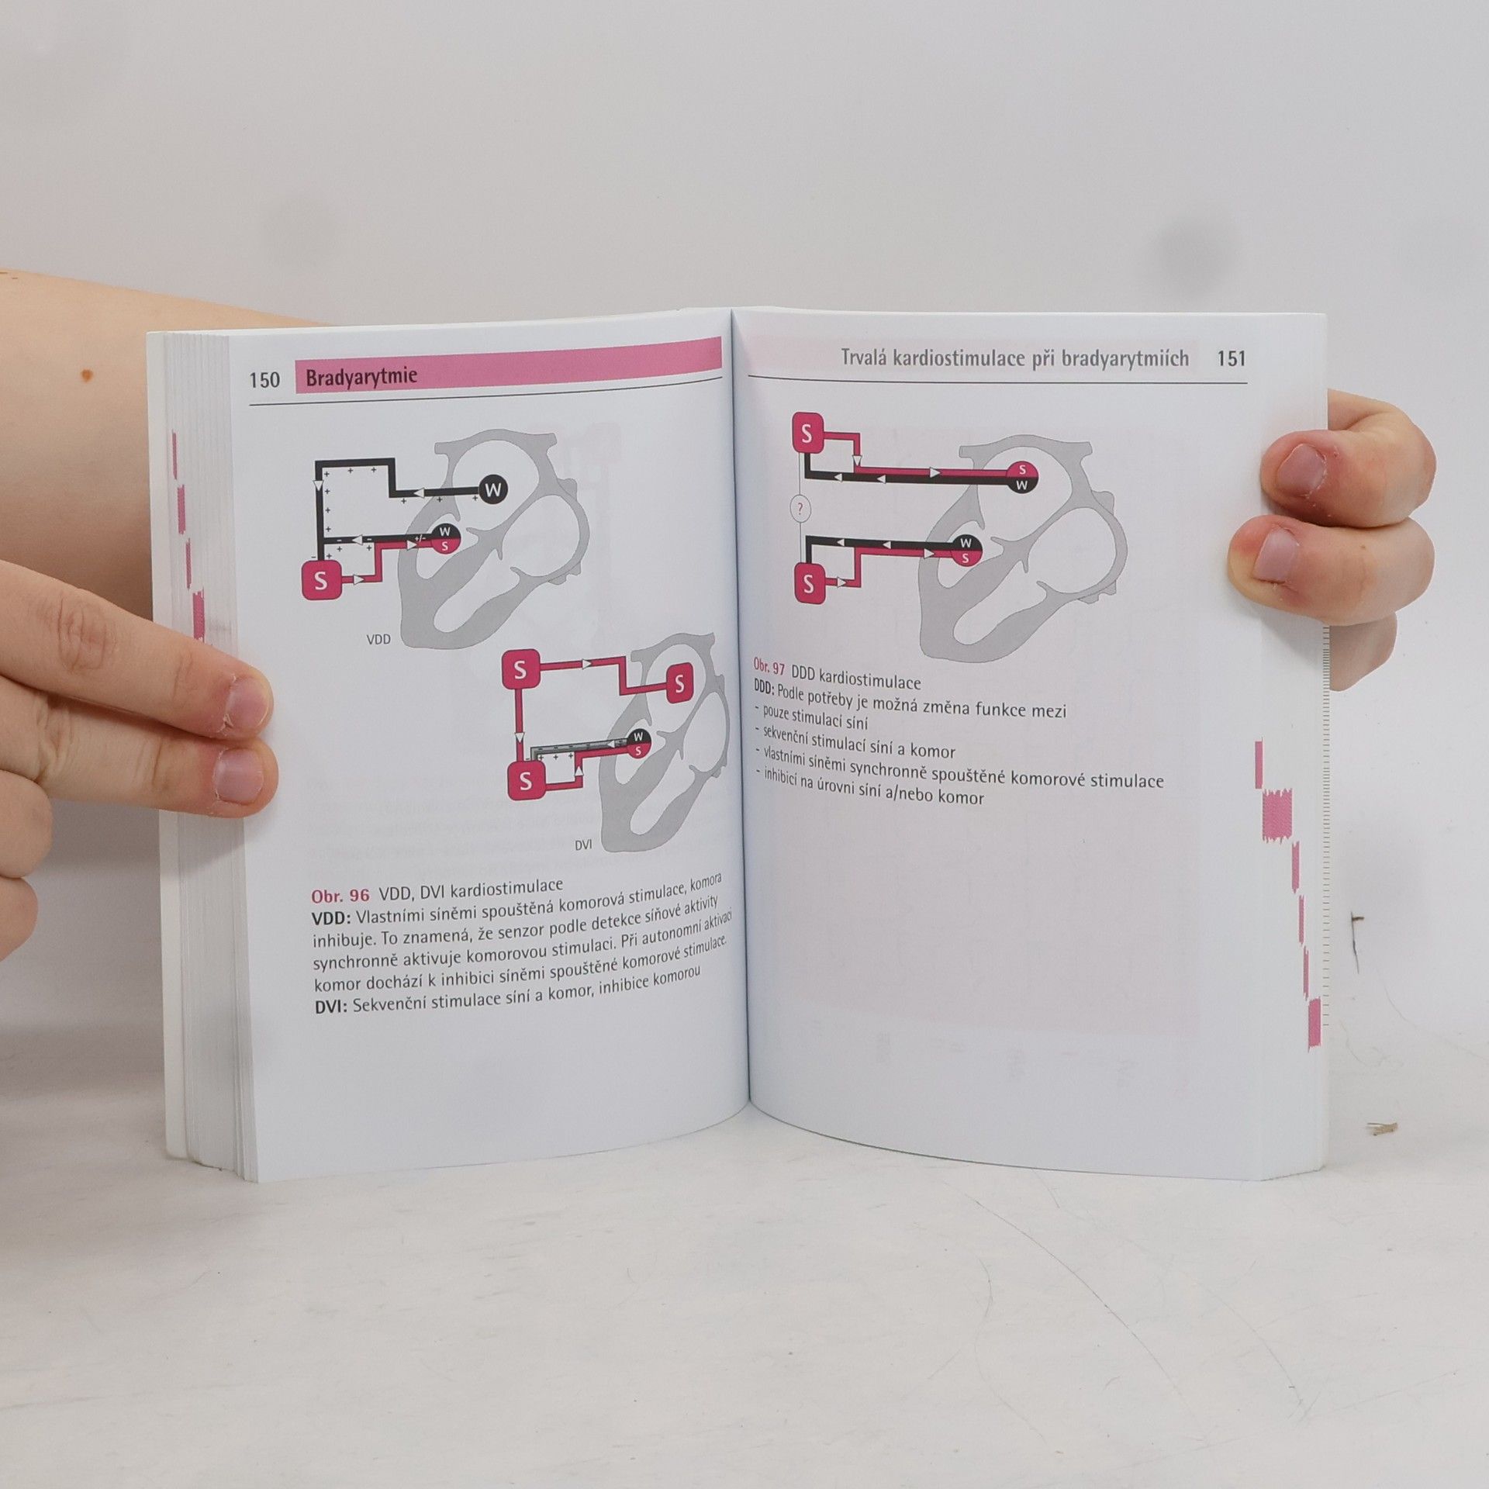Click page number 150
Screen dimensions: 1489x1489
coord(264,380)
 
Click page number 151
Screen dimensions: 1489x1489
coord(1231,358)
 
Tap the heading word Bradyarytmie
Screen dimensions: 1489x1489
coord(361,378)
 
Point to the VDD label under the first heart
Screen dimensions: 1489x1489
coord(378,641)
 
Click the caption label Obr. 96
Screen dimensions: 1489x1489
coord(340,894)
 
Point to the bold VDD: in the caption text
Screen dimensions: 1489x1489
coord(332,917)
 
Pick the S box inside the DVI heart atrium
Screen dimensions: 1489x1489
coord(679,684)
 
